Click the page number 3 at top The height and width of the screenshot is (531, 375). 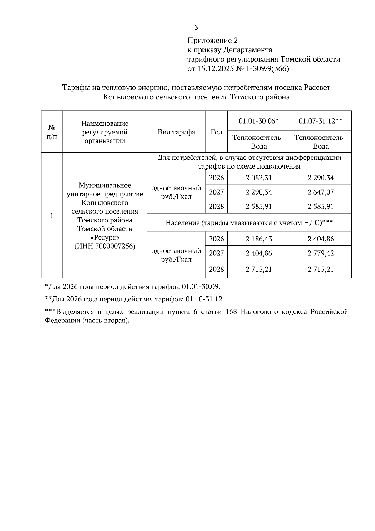196,28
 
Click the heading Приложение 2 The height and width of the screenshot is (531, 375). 212,40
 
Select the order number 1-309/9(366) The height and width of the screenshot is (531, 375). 268,68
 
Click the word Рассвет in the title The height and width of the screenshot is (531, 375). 317,88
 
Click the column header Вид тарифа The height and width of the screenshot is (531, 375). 176,132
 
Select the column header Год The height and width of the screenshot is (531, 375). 216,132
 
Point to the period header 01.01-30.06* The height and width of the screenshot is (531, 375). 258,121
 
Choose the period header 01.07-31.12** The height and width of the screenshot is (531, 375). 321,121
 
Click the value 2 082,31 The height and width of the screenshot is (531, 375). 259,178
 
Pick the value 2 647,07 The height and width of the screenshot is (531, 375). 321,192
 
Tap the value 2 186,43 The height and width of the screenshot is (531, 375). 259,239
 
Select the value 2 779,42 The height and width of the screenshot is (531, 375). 321,253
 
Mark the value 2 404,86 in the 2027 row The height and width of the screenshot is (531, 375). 259,253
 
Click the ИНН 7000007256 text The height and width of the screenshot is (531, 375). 105,246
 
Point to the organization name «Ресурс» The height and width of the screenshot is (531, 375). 105,237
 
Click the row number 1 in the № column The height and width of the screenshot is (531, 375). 52,215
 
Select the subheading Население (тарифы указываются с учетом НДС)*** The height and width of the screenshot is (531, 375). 249,223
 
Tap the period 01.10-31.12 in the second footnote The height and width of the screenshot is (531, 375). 204,299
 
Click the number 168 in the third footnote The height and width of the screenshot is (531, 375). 231,312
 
